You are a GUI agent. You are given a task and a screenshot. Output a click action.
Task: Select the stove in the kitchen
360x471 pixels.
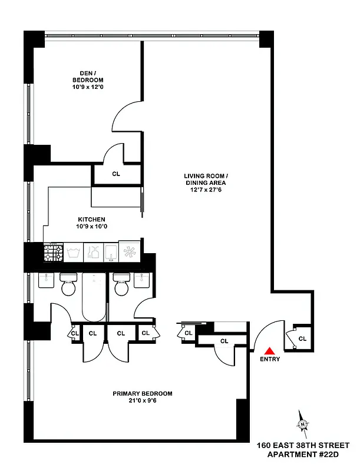(52, 253)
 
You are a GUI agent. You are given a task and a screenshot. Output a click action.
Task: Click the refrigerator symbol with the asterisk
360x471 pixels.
(130, 253)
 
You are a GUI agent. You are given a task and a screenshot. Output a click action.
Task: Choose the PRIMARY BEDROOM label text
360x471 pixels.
(142, 393)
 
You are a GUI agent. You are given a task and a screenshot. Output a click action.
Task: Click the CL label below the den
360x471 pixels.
(115, 174)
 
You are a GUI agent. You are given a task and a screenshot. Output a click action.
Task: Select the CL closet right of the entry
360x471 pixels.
(302, 339)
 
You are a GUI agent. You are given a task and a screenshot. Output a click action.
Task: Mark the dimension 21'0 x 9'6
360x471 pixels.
(142, 402)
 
